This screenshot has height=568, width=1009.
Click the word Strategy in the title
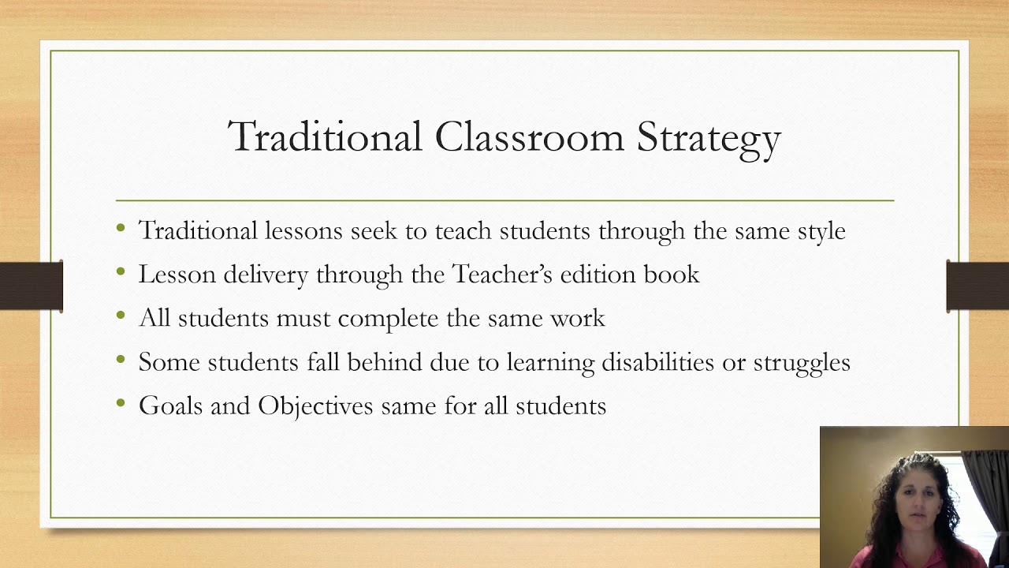coord(709,138)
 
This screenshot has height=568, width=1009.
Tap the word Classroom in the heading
coord(529,136)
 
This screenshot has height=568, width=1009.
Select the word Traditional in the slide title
coord(325,136)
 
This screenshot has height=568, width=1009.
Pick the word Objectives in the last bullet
coord(315,406)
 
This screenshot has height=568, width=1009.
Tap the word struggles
coord(801,362)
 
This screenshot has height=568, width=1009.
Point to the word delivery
coord(266,274)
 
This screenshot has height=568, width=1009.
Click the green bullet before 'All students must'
coord(121,316)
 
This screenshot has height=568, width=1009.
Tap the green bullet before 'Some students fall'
coord(121,360)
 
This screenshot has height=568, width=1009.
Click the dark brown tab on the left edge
coord(31,285)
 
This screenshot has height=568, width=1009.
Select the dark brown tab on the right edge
coord(977,285)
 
